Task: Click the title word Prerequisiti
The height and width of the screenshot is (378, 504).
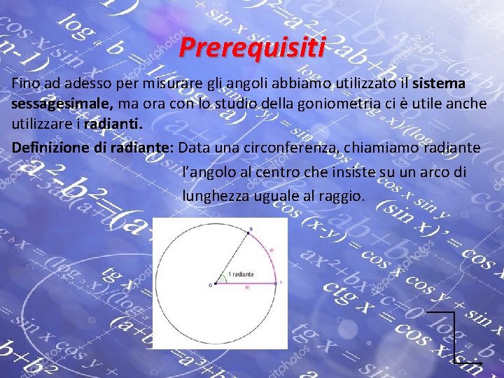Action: (252, 48)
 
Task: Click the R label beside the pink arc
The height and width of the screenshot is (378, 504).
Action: (271, 250)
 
